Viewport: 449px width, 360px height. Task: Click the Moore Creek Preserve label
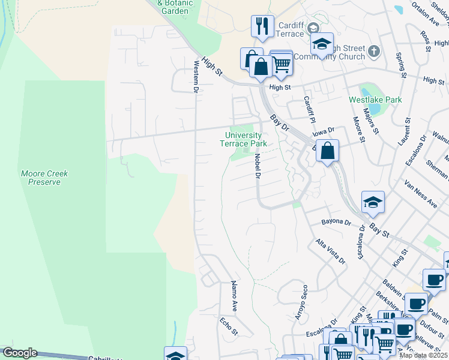[44, 178]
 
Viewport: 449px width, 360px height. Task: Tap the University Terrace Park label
[246, 139]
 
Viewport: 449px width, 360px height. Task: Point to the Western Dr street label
[196, 76]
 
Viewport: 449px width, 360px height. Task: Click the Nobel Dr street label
[257, 166]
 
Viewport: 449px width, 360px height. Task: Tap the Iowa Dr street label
[322, 131]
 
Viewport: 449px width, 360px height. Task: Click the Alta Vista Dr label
[330, 252]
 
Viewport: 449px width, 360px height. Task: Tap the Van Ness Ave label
[421, 193]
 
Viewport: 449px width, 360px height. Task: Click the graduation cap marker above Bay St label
[373, 202]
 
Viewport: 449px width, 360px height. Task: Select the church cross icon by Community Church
[373, 50]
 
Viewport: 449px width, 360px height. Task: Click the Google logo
[20, 353]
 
